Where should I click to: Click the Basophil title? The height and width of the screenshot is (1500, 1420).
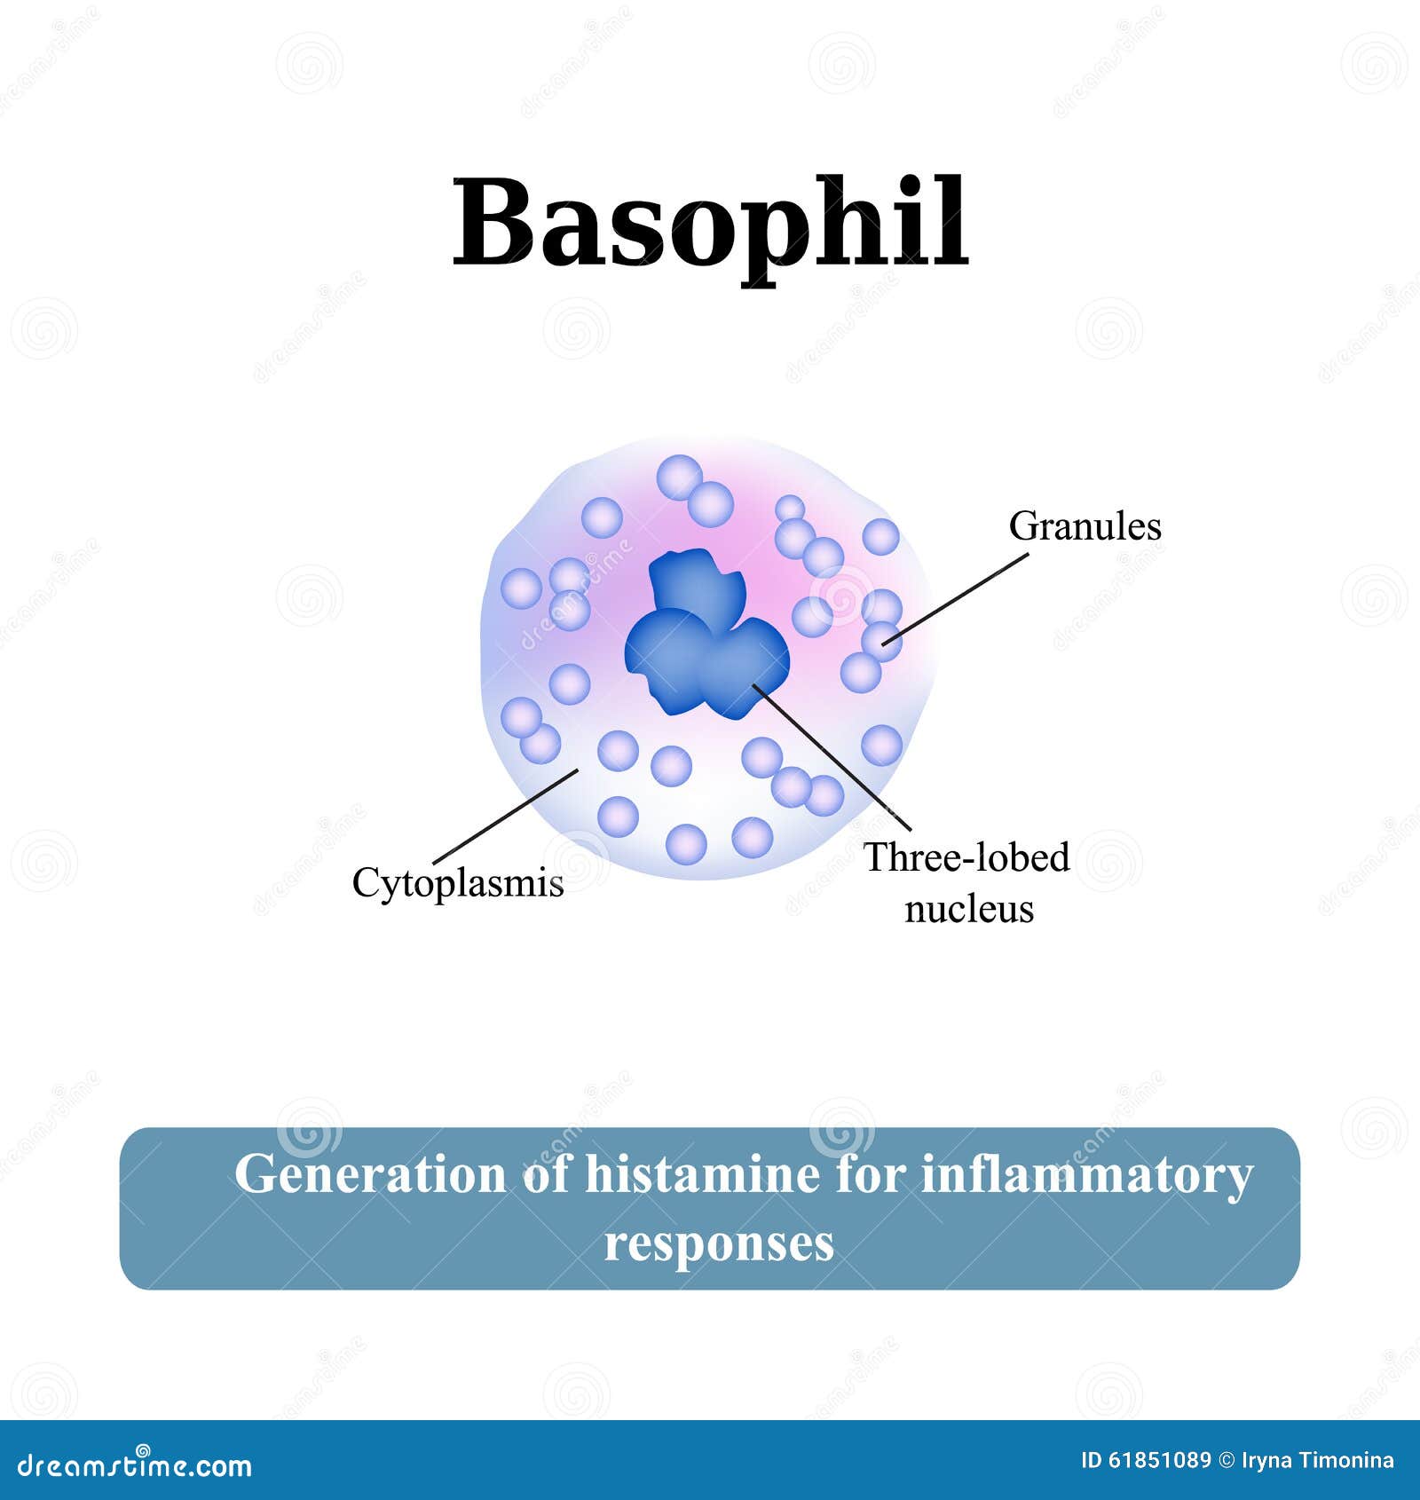710,222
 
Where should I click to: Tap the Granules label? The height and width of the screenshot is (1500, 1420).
1085,526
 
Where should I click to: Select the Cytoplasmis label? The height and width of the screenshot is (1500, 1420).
458,883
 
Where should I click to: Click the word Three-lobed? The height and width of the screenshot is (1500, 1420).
966,857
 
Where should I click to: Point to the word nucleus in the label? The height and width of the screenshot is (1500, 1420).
969,909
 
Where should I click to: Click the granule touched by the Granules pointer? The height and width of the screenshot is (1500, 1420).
881,640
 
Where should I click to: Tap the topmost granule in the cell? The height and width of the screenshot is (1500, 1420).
679,477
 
